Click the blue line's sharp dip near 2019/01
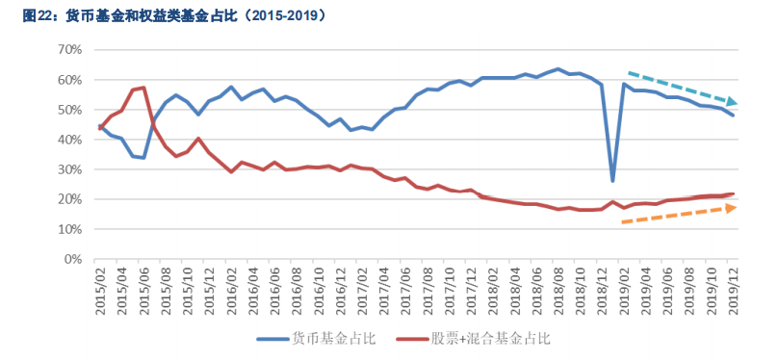(612, 180)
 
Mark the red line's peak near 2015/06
(143, 88)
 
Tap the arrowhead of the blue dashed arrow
(734, 101)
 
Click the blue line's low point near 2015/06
(143, 157)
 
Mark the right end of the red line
(733, 193)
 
